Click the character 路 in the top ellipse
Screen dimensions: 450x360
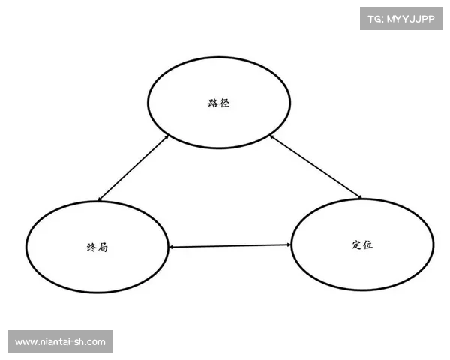(x=213, y=103)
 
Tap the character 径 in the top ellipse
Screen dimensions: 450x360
(x=225, y=103)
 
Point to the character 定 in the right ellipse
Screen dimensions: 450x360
(x=357, y=245)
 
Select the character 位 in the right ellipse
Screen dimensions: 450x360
(x=368, y=245)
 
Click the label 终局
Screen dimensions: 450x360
(x=97, y=247)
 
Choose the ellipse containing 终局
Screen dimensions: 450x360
(x=26, y=247)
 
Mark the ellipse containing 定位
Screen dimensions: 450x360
(x=291, y=245)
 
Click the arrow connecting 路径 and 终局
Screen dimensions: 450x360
(x=133, y=168)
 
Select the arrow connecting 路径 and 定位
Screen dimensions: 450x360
(x=316, y=166)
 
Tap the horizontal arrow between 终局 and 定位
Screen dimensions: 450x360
(x=230, y=246)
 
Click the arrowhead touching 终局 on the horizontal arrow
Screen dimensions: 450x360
(x=171, y=247)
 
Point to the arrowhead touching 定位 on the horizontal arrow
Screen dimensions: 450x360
(x=289, y=244)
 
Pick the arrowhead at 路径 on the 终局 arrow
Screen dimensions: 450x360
(x=166, y=136)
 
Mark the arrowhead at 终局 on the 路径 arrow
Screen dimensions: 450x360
(x=100, y=199)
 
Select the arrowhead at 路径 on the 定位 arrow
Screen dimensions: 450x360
(x=272, y=137)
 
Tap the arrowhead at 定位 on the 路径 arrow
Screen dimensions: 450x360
(x=359, y=197)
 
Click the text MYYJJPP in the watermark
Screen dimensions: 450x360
(x=411, y=19)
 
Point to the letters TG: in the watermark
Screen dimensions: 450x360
(x=376, y=19)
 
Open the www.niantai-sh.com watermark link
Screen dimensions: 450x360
(x=60, y=342)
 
